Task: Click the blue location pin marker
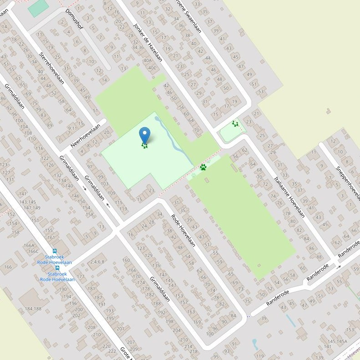pos(144,135)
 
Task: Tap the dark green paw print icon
pos(203,167)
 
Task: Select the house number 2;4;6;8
pos(98,262)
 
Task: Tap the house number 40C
pos(152,68)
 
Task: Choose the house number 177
pos(81,277)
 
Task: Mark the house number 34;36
pos(137,47)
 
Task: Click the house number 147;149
pos(31,208)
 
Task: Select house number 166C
pos(33,251)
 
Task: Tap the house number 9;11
pos(72,129)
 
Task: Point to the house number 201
pos(120,329)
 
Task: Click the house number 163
pos(190,312)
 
